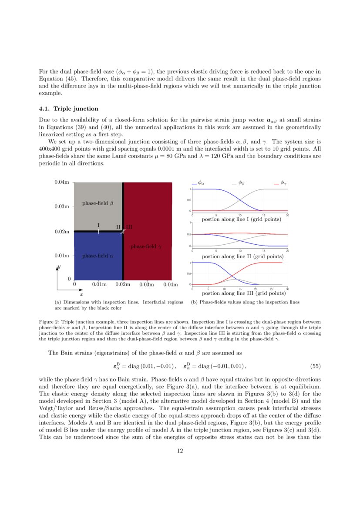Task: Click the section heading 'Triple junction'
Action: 76,108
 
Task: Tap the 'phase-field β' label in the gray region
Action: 98,203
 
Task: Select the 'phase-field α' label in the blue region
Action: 98,256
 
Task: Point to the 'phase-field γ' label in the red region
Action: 146,246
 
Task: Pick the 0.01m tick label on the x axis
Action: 99,285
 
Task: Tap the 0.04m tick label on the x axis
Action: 171,285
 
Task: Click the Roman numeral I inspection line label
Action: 98,225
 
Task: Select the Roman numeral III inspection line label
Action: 129,227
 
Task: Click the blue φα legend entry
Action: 199,183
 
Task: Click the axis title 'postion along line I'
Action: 241,219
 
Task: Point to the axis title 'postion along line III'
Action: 241,293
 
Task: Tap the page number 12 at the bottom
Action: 180,451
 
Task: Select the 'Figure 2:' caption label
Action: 48,323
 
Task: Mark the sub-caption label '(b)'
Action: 195,302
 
